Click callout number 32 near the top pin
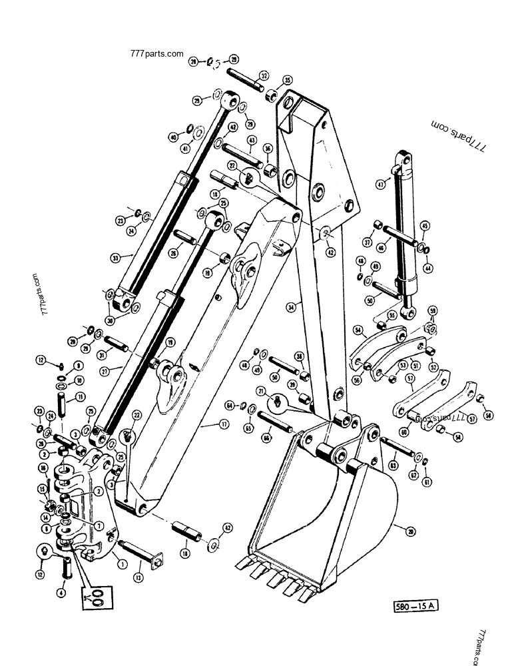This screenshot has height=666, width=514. click(x=264, y=76)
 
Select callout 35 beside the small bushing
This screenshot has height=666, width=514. click(x=288, y=81)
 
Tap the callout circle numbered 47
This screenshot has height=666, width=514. click(x=380, y=184)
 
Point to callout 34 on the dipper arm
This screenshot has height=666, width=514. click(x=290, y=307)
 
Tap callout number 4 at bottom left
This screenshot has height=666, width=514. click(x=61, y=591)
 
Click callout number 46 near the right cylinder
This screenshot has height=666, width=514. click(x=399, y=247)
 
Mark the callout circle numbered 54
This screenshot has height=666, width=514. click(x=358, y=330)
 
